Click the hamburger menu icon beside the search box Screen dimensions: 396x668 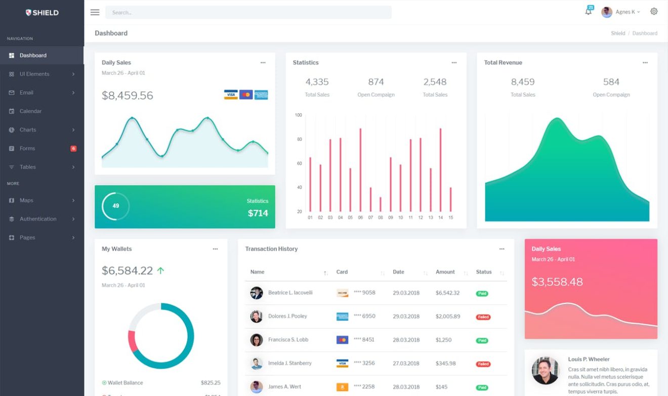point(95,12)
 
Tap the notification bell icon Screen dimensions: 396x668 point(588,12)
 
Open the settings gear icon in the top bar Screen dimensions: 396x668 point(654,12)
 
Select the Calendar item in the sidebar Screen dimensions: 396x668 point(30,111)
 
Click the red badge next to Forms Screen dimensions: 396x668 point(73,149)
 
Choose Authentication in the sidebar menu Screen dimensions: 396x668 point(38,219)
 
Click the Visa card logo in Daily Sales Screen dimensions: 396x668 point(231,95)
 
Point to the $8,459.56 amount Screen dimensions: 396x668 point(128,96)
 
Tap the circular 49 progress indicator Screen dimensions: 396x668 point(116,206)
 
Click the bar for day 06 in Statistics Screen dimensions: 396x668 point(360,170)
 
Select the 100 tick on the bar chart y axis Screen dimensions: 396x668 point(299,115)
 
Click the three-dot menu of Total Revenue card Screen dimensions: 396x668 point(645,63)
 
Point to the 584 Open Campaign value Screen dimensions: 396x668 point(611,82)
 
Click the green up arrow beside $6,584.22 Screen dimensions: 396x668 point(160,271)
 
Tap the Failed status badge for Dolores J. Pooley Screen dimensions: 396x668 point(483,317)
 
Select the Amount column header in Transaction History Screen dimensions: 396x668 point(445,272)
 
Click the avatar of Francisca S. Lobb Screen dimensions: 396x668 point(257,340)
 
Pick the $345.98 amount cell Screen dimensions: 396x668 point(445,364)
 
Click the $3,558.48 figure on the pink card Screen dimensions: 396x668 point(557,282)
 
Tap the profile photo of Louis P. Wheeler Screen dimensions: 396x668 point(546,371)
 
